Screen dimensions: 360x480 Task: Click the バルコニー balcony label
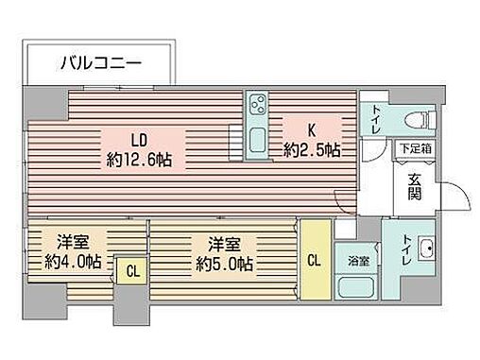[x=101, y=64]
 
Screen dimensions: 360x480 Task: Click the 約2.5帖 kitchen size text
[x=312, y=150]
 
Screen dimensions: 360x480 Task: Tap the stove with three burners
[x=258, y=105]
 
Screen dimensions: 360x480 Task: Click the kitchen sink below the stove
[x=258, y=143]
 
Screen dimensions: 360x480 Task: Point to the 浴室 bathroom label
[x=358, y=259]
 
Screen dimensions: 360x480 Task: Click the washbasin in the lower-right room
[x=425, y=250]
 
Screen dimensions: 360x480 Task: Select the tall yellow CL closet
[x=314, y=258]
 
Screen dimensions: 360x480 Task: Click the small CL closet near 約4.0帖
[x=131, y=272]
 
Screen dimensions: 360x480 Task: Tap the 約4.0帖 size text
[x=68, y=262]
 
